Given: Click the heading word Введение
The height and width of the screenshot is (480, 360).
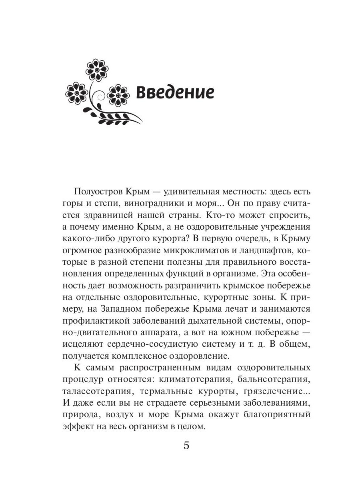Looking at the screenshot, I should [175, 92].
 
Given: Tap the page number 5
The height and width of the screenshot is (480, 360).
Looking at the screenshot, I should [186, 445].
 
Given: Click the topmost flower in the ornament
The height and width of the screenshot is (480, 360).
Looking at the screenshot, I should [97, 70].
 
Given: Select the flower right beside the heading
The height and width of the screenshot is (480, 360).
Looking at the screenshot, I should [118, 94].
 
